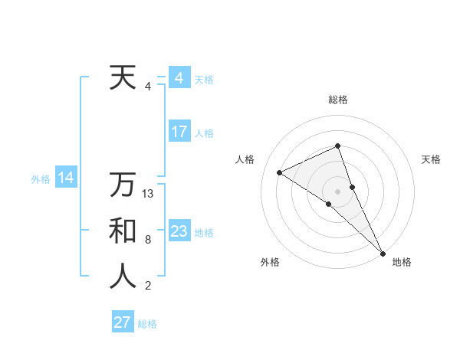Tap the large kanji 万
(x=123, y=185)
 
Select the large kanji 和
(x=123, y=231)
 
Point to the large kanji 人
(x=123, y=277)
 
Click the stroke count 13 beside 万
(x=149, y=194)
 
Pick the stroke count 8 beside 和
(x=148, y=240)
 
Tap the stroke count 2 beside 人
(x=148, y=286)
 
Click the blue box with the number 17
(x=179, y=132)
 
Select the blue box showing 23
(x=179, y=231)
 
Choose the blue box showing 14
(x=66, y=178)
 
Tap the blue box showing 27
(x=123, y=322)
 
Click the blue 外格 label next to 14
(x=41, y=179)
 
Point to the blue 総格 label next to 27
(x=147, y=324)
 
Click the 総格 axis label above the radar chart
(x=337, y=100)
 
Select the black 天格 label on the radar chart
(x=432, y=159)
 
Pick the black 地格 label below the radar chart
(x=402, y=262)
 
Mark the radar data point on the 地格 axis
(x=382, y=252)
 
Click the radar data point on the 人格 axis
(x=280, y=172)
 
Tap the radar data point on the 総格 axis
(x=337, y=146)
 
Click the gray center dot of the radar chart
(x=337, y=191)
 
